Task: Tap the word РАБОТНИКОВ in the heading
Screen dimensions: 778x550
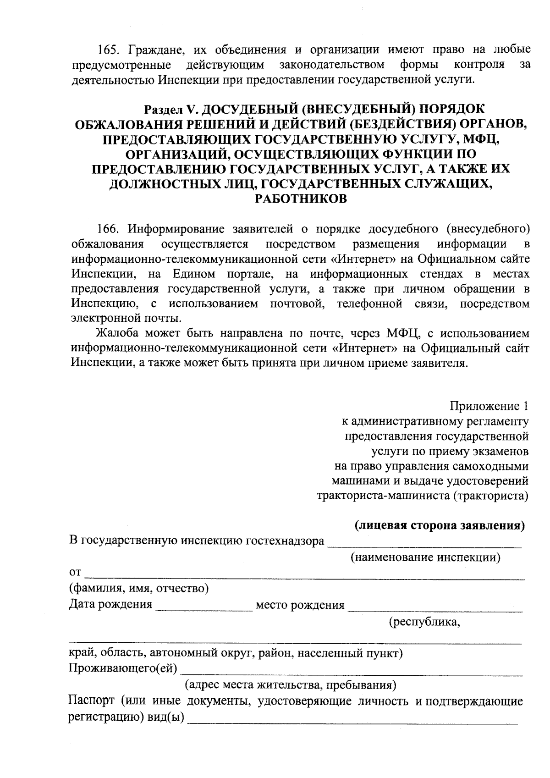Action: (300, 199)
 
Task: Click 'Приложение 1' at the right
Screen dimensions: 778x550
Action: (489, 406)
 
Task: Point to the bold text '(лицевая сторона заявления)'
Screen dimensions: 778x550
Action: (440, 525)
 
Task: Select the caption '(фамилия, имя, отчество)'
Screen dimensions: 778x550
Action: (139, 588)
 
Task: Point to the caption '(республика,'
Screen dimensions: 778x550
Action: (424, 622)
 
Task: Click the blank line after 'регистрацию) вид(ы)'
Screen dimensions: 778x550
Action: (353, 722)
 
